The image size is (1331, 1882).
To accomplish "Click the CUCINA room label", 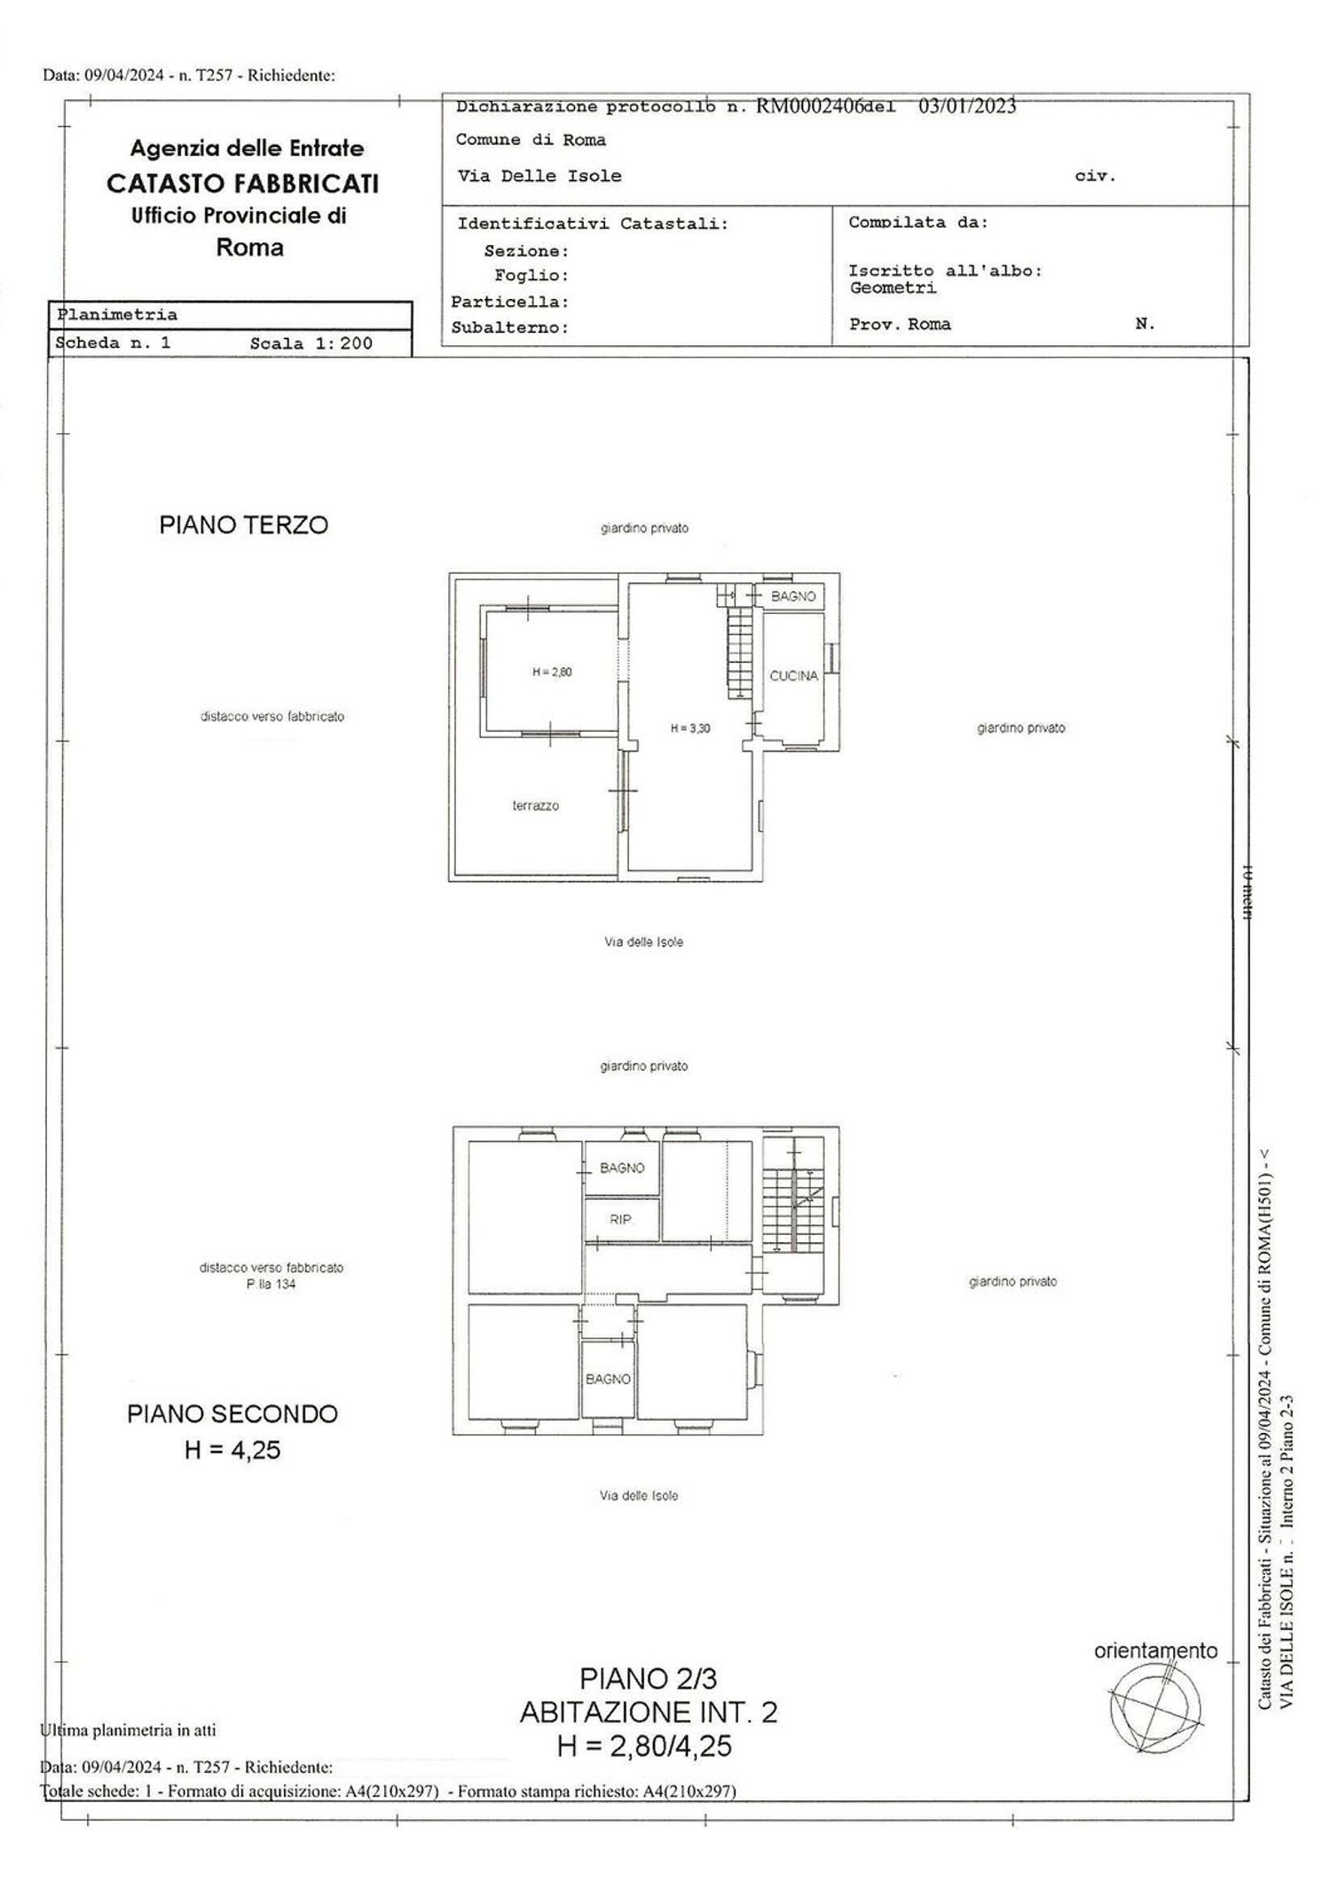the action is click(x=793, y=676).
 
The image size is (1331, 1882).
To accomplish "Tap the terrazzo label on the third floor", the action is click(x=535, y=806).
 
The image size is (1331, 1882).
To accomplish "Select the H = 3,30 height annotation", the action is click(x=689, y=728).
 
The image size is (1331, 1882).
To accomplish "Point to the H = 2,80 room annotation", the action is click(x=552, y=672).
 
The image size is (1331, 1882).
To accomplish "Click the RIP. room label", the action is click(x=620, y=1220).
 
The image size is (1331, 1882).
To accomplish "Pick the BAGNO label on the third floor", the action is click(x=793, y=596).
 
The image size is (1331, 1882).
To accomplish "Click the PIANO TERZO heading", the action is click(x=244, y=525).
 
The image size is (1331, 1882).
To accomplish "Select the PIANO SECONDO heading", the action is click(x=232, y=1414).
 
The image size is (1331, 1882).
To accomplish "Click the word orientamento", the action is click(x=1155, y=1650).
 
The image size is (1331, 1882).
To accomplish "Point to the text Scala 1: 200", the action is click(x=311, y=343).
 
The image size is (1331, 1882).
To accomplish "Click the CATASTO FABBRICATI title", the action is click(x=243, y=184).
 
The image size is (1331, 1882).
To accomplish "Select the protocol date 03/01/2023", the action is click(x=967, y=106).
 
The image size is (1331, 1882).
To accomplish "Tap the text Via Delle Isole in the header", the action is click(x=539, y=176).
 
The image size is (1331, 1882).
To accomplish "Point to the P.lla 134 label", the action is click(x=271, y=1284).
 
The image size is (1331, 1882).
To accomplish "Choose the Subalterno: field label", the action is click(x=509, y=327).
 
